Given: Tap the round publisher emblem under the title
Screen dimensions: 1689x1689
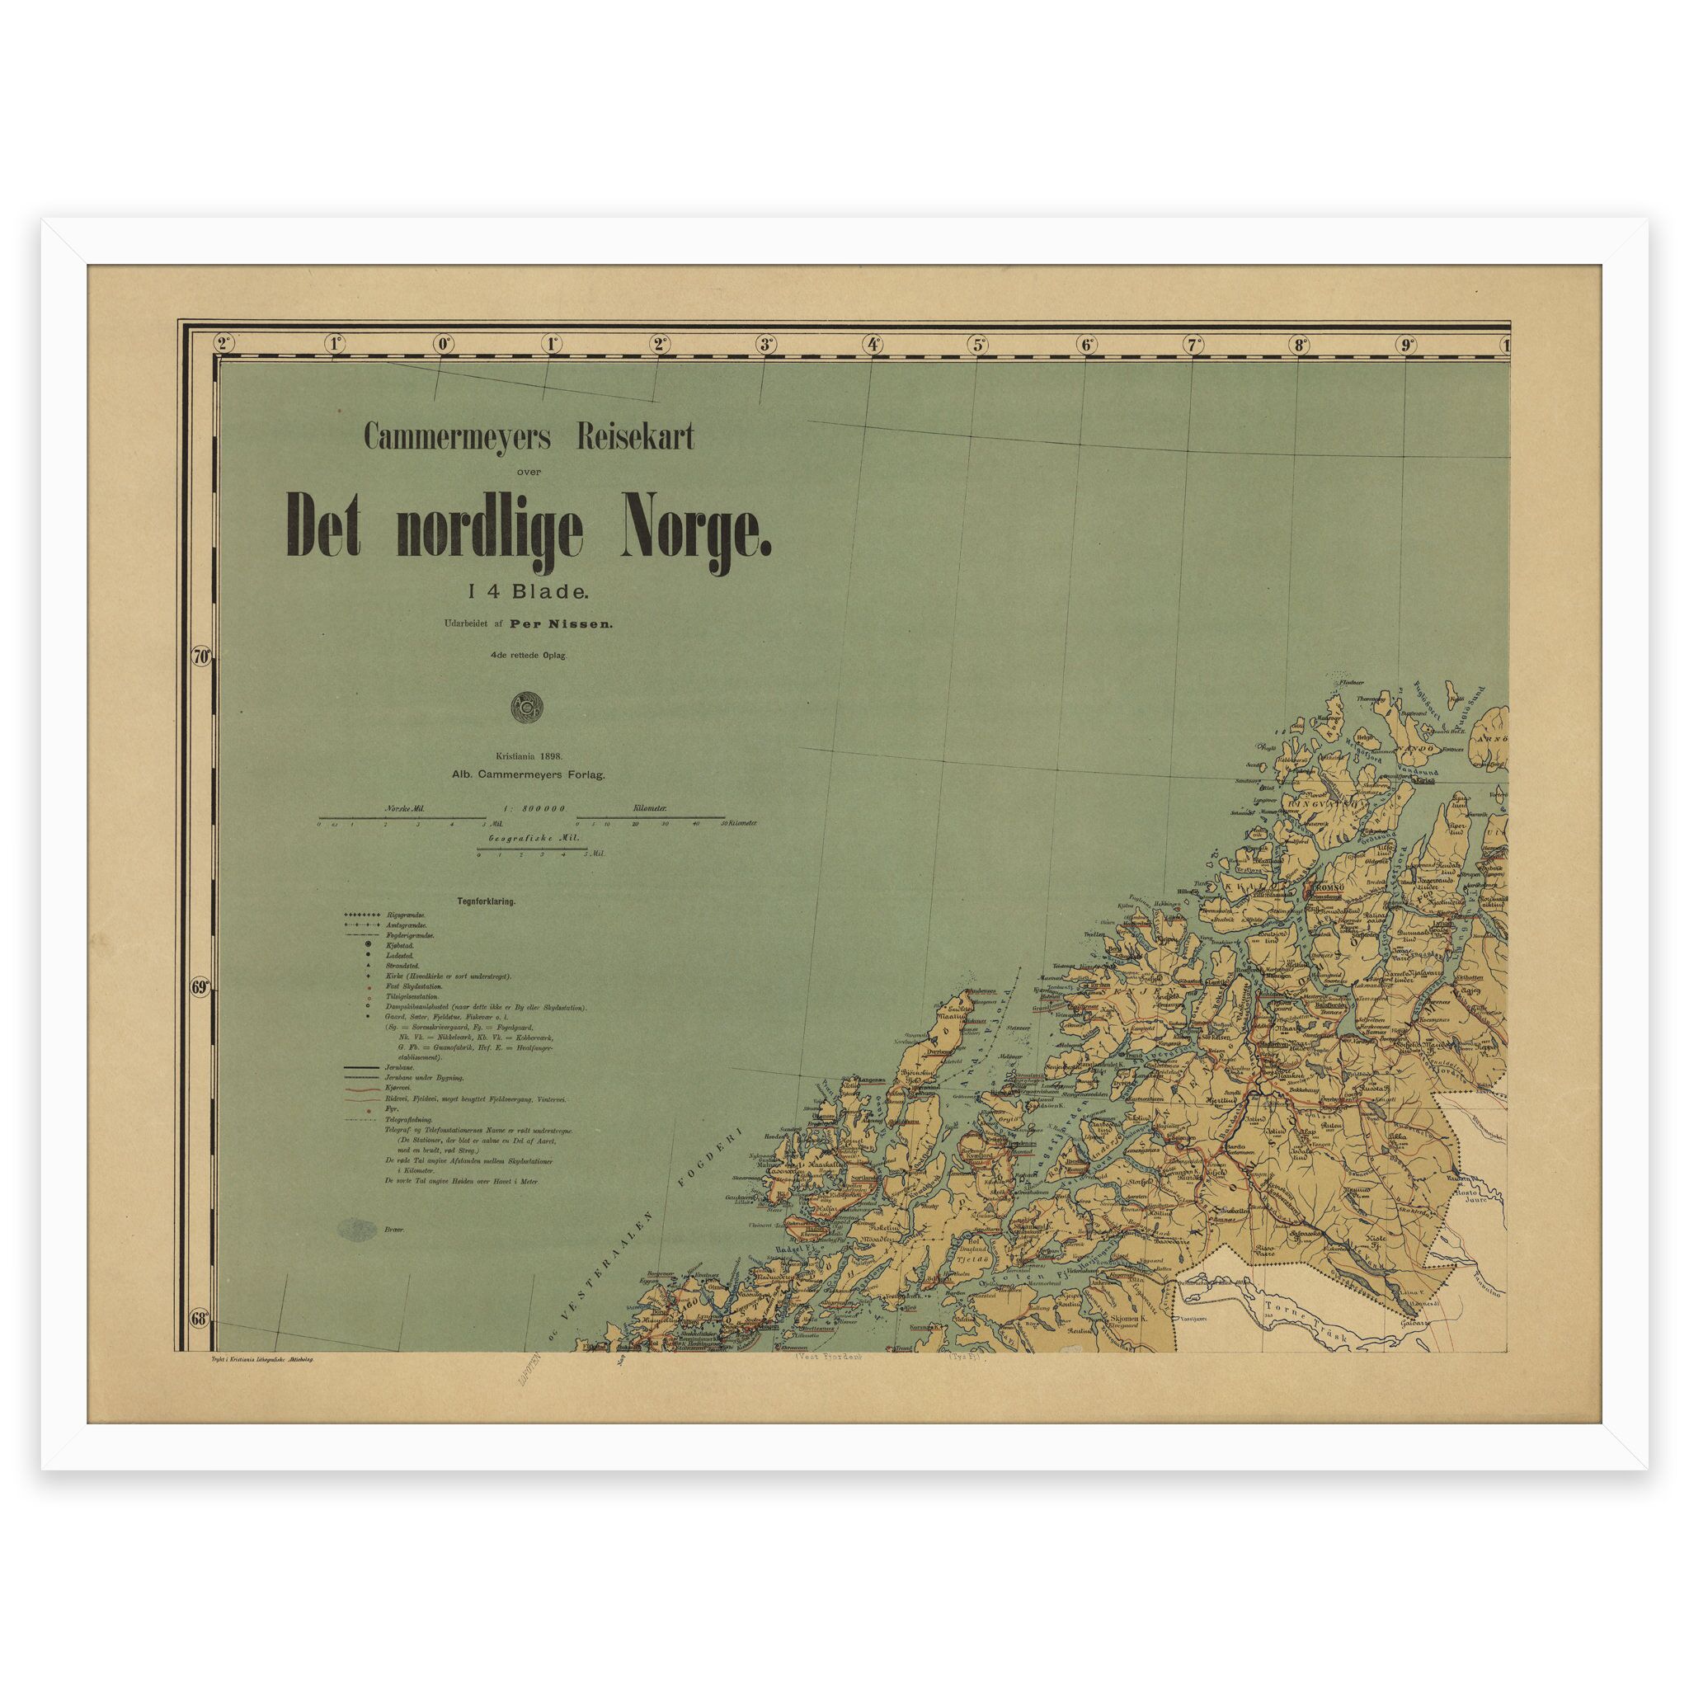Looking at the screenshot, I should pos(528,707).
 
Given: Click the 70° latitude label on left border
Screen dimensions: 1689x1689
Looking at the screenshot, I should pos(201,656).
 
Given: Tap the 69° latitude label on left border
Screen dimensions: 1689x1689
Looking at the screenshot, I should pos(201,988).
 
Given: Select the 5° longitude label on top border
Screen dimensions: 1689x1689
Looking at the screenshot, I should pos(979,345).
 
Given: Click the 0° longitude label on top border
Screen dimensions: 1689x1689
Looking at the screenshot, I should pos(443,345).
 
